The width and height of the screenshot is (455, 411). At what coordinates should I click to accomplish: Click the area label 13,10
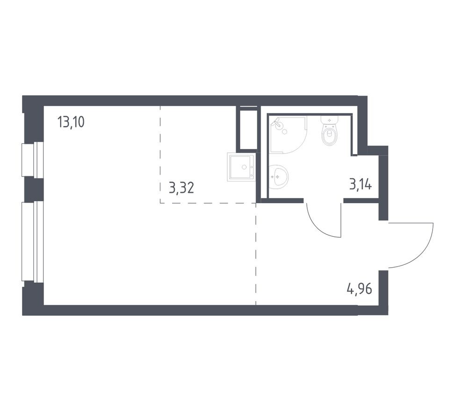[x=71, y=123]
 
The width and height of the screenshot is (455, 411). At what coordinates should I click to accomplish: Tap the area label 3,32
[x=181, y=188]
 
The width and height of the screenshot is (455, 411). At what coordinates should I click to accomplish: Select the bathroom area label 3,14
[x=360, y=184]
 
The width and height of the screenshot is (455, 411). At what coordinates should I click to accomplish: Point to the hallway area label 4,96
[x=359, y=289]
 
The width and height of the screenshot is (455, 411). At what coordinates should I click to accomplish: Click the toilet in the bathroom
[x=330, y=135]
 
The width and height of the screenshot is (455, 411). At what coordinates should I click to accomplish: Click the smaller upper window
[x=33, y=160]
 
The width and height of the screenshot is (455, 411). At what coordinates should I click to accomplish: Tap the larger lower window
[x=33, y=241]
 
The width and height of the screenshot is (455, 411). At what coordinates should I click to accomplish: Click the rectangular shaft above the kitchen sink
[x=247, y=128]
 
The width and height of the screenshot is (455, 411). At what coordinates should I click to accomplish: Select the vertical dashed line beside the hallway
[x=256, y=255]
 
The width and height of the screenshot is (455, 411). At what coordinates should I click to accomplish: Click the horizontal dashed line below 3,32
[x=208, y=203]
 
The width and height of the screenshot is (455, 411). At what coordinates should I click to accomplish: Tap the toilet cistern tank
[x=330, y=120]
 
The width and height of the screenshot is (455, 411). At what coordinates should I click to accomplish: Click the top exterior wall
[x=196, y=101]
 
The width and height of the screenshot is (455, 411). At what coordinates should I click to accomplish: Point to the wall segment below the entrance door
[x=383, y=287]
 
